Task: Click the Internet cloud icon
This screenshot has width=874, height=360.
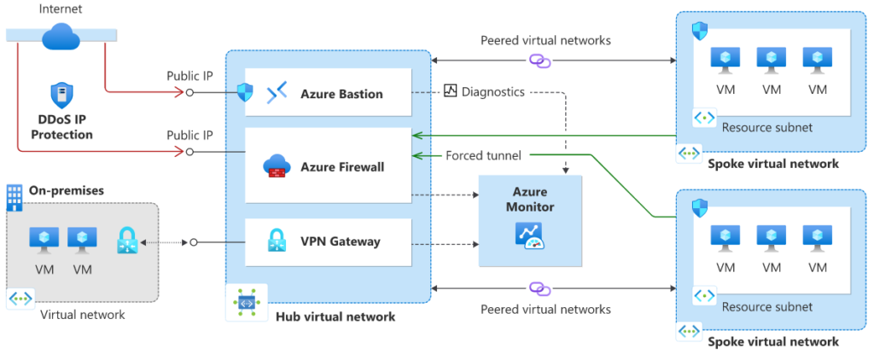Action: point(61,35)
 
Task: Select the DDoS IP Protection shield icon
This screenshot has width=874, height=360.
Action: point(59,95)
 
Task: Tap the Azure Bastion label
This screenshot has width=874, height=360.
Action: point(341,94)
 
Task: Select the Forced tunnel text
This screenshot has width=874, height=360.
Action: point(484,155)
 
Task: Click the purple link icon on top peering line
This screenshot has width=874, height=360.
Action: point(540,61)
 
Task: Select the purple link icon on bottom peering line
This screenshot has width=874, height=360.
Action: point(540,288)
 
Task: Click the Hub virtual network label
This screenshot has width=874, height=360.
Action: point(335,316)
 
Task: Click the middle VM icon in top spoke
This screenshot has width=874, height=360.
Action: point(772,59)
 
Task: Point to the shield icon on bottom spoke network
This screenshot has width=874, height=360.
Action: point(699,206)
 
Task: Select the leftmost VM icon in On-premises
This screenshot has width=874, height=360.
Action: point(44,240)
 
